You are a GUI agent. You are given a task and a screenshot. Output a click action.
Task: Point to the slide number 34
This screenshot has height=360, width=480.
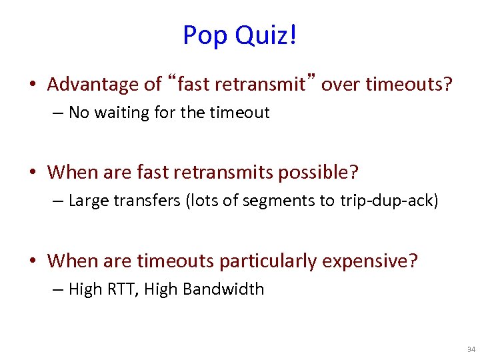pyautogui.click(x=471, y=349)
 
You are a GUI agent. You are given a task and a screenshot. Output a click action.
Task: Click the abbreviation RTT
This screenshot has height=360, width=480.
pyautogui.click(x=122, y=289)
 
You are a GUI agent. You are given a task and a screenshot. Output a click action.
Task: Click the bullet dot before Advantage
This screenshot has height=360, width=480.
pyautogui.click(x=32, y=85)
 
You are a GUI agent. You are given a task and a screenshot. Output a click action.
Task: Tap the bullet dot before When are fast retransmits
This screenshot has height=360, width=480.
pyautogui.click(x=32, y=173)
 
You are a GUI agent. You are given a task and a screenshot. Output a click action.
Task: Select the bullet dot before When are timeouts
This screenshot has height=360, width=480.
pyautogui.click(x=32, y=261)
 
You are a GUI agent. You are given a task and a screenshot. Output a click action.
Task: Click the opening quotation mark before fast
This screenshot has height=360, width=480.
pyautogui.click(x=172, y=80)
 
